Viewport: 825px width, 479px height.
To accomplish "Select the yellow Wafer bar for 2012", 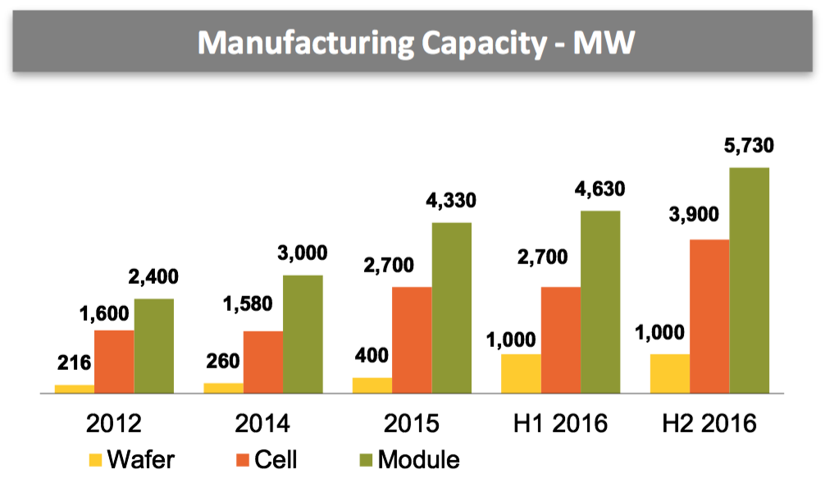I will pos(75,389).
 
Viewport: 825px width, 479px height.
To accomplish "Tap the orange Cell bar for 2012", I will pos(115,362).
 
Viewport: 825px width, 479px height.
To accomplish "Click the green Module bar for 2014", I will pos(303,334).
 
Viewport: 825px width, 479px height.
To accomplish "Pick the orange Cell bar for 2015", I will pos(412,340).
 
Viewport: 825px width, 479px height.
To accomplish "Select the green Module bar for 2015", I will pos(452,308).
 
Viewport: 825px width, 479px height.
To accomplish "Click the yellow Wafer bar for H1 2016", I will pos(521,374).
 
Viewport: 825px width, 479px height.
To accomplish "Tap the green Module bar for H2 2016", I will pos(750,281).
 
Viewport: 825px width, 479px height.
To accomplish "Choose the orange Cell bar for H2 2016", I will pos(709,317).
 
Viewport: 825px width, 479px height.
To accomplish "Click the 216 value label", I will pos(74,363).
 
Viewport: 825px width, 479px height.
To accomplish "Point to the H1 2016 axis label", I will pos(561,423).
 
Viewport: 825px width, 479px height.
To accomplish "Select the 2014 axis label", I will pos(262,423).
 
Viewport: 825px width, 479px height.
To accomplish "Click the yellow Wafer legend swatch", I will pos(93,458).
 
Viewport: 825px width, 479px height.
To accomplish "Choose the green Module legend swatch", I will pos(367,458).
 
